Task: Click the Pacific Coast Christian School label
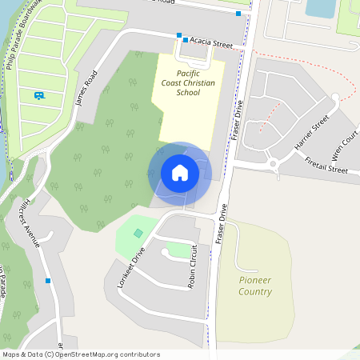pyautogui.click(x=188, y=82)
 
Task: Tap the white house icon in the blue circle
pyautogui.click(x=180, y=173)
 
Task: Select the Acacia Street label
pyautogui.click(x=212, y=42)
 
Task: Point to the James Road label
pyautogui.click(x=85, y=88)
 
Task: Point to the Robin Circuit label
pyautogui.click(x=191, y=268)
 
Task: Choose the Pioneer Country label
pyautogui.click(x=255, y=286)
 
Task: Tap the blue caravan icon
pyautogui.click(x=39, y=96)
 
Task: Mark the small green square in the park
pyautogui.click(x=138, y=233)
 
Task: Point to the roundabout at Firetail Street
pyautogui.click(x=274, y=165)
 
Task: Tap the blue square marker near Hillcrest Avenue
pyautogui.click(x=49, y=281)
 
